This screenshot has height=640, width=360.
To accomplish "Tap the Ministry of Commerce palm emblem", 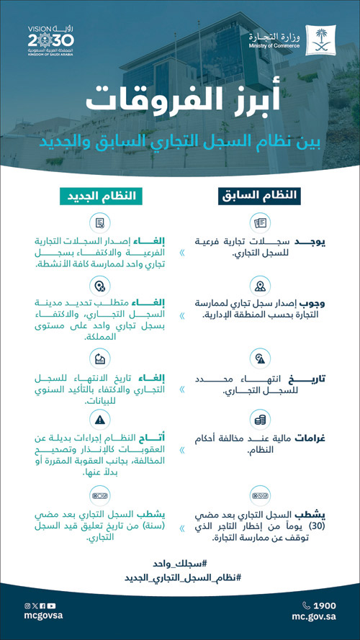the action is coord(319,40).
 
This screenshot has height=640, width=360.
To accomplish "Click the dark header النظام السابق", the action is coord(260,195).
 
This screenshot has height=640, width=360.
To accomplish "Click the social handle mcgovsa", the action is coord(42,617).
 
